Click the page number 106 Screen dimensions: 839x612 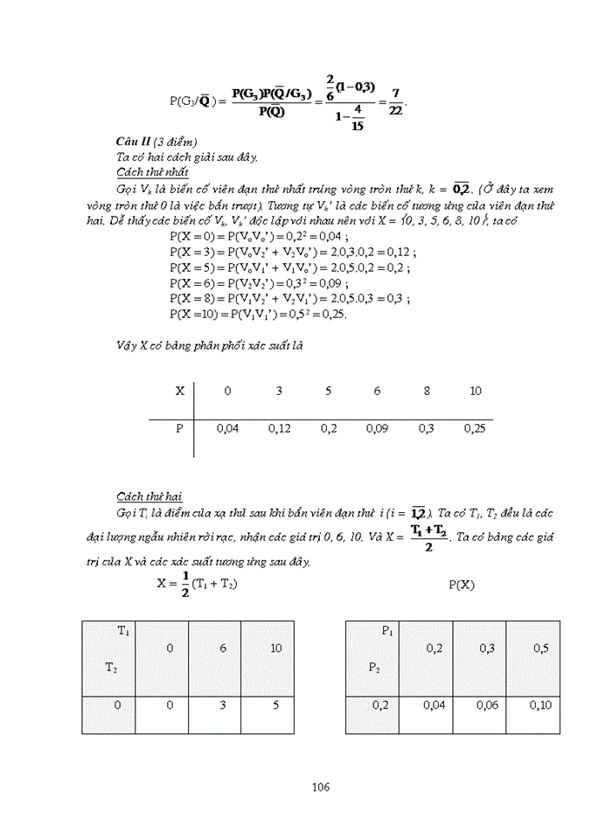tap(320, 787)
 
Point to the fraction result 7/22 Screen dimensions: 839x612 tap(396, 101)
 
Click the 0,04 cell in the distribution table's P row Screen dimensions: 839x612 tap(227, 428)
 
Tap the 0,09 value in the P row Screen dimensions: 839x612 tap(378, 428)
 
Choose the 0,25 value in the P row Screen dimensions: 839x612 tap(476, 428)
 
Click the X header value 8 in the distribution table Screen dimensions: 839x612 tap(427, 391)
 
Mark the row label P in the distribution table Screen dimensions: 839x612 tap(180, 428)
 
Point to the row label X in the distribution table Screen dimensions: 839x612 tap(180, 391)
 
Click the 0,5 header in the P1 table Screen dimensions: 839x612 tap(539, 648)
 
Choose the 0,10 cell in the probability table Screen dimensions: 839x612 tap(539, 704)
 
